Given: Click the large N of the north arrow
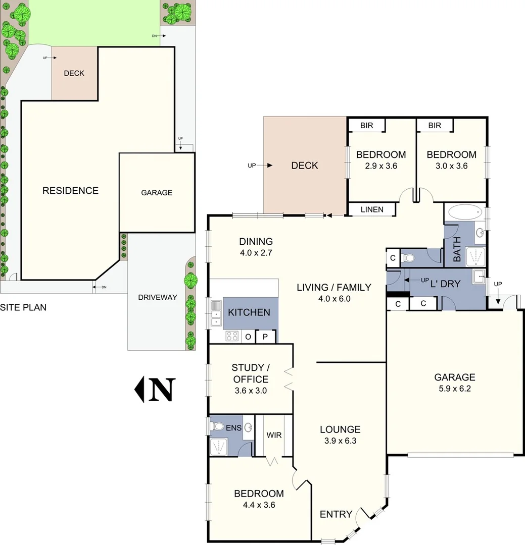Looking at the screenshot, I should pos(161,390).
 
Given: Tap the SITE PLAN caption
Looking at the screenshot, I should pos(23,307).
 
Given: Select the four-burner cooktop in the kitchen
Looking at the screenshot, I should pos(232,336).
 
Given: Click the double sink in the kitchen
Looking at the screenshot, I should pos(216,312).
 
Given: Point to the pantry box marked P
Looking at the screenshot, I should pos(265,337).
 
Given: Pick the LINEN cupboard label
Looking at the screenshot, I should pos(371,209).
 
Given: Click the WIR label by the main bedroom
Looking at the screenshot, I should pos(274,435).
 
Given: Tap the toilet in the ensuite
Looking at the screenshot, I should pos(218,427).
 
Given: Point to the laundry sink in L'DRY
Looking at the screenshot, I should pos(478,276).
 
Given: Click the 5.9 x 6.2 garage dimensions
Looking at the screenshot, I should pos(454,389).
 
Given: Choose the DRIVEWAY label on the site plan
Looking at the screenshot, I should pos(158,297).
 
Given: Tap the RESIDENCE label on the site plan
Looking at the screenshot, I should pos(70,191).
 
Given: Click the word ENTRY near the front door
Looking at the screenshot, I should pos(336,514).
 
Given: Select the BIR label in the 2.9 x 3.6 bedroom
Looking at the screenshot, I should pos(367,126).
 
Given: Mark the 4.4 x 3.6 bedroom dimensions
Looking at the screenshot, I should pos(258,504).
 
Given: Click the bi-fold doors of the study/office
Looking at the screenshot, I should pos(289,379).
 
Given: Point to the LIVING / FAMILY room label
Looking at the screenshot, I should pos(333,288).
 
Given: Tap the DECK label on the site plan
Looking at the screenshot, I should pos(74,73).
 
